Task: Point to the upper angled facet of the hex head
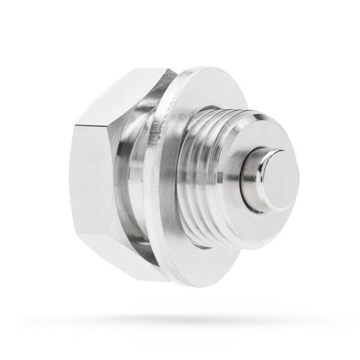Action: tap(120, 96)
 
